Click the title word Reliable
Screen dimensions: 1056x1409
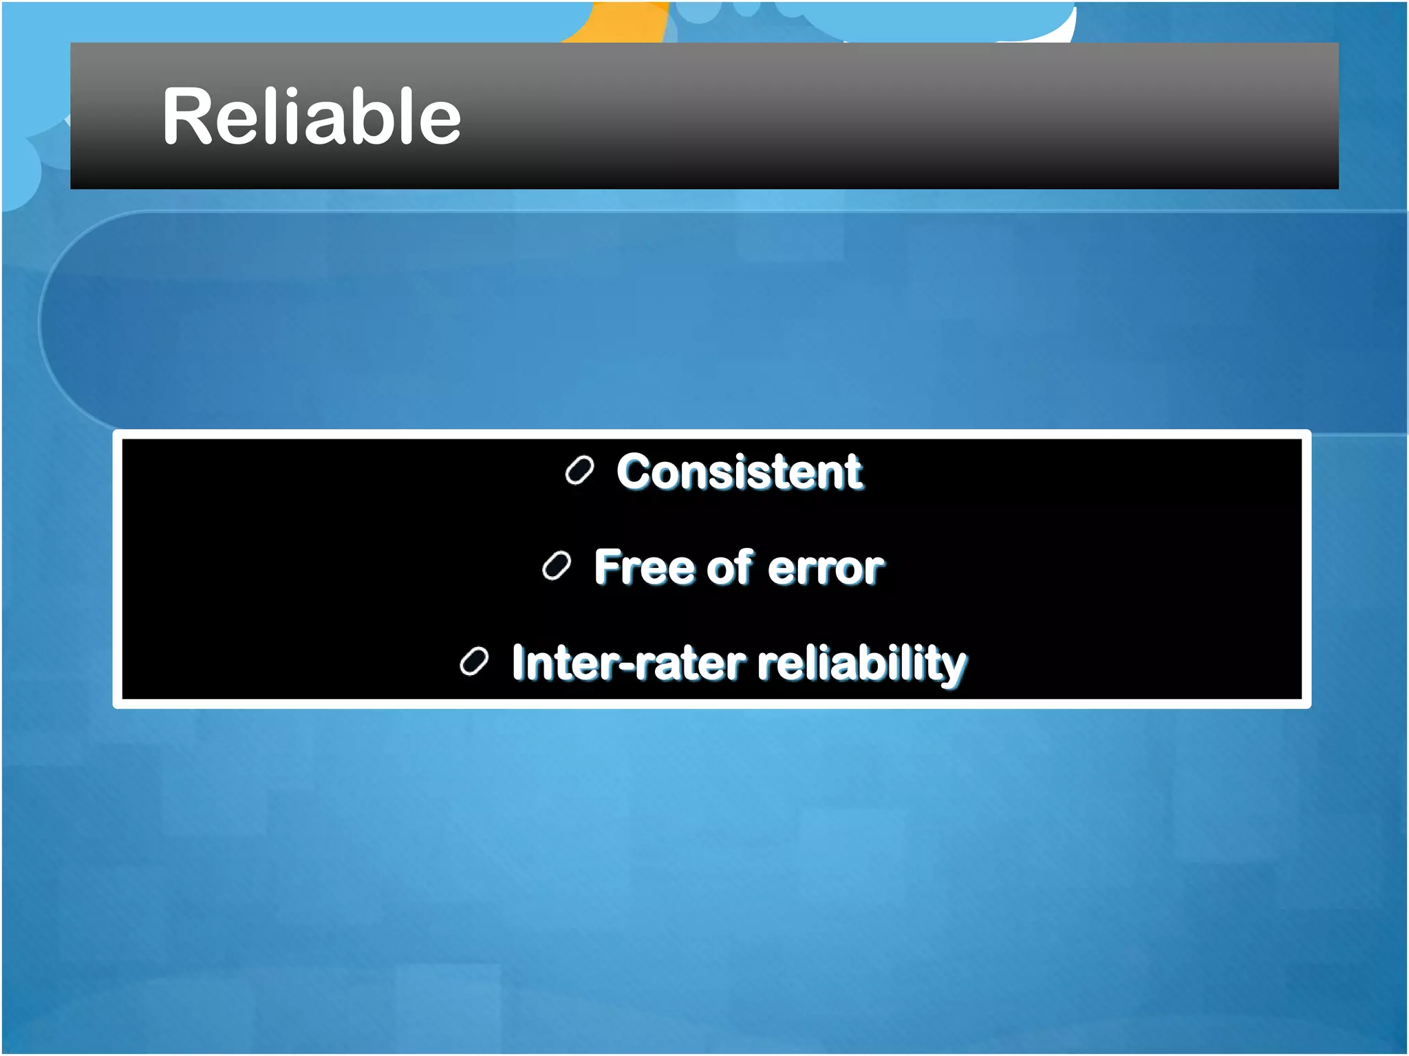[311, 117]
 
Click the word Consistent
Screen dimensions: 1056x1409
[739, 472]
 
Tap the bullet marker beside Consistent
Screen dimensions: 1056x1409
[579, 471]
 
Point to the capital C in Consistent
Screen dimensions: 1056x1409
[634, 472]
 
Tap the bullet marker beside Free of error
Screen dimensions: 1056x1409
[557, 566]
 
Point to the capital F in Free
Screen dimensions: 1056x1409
[607, 567]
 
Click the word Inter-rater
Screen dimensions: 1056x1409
[628, 663]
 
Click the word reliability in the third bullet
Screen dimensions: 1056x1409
[861, 664]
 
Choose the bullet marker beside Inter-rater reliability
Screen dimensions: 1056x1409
[474, 662]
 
